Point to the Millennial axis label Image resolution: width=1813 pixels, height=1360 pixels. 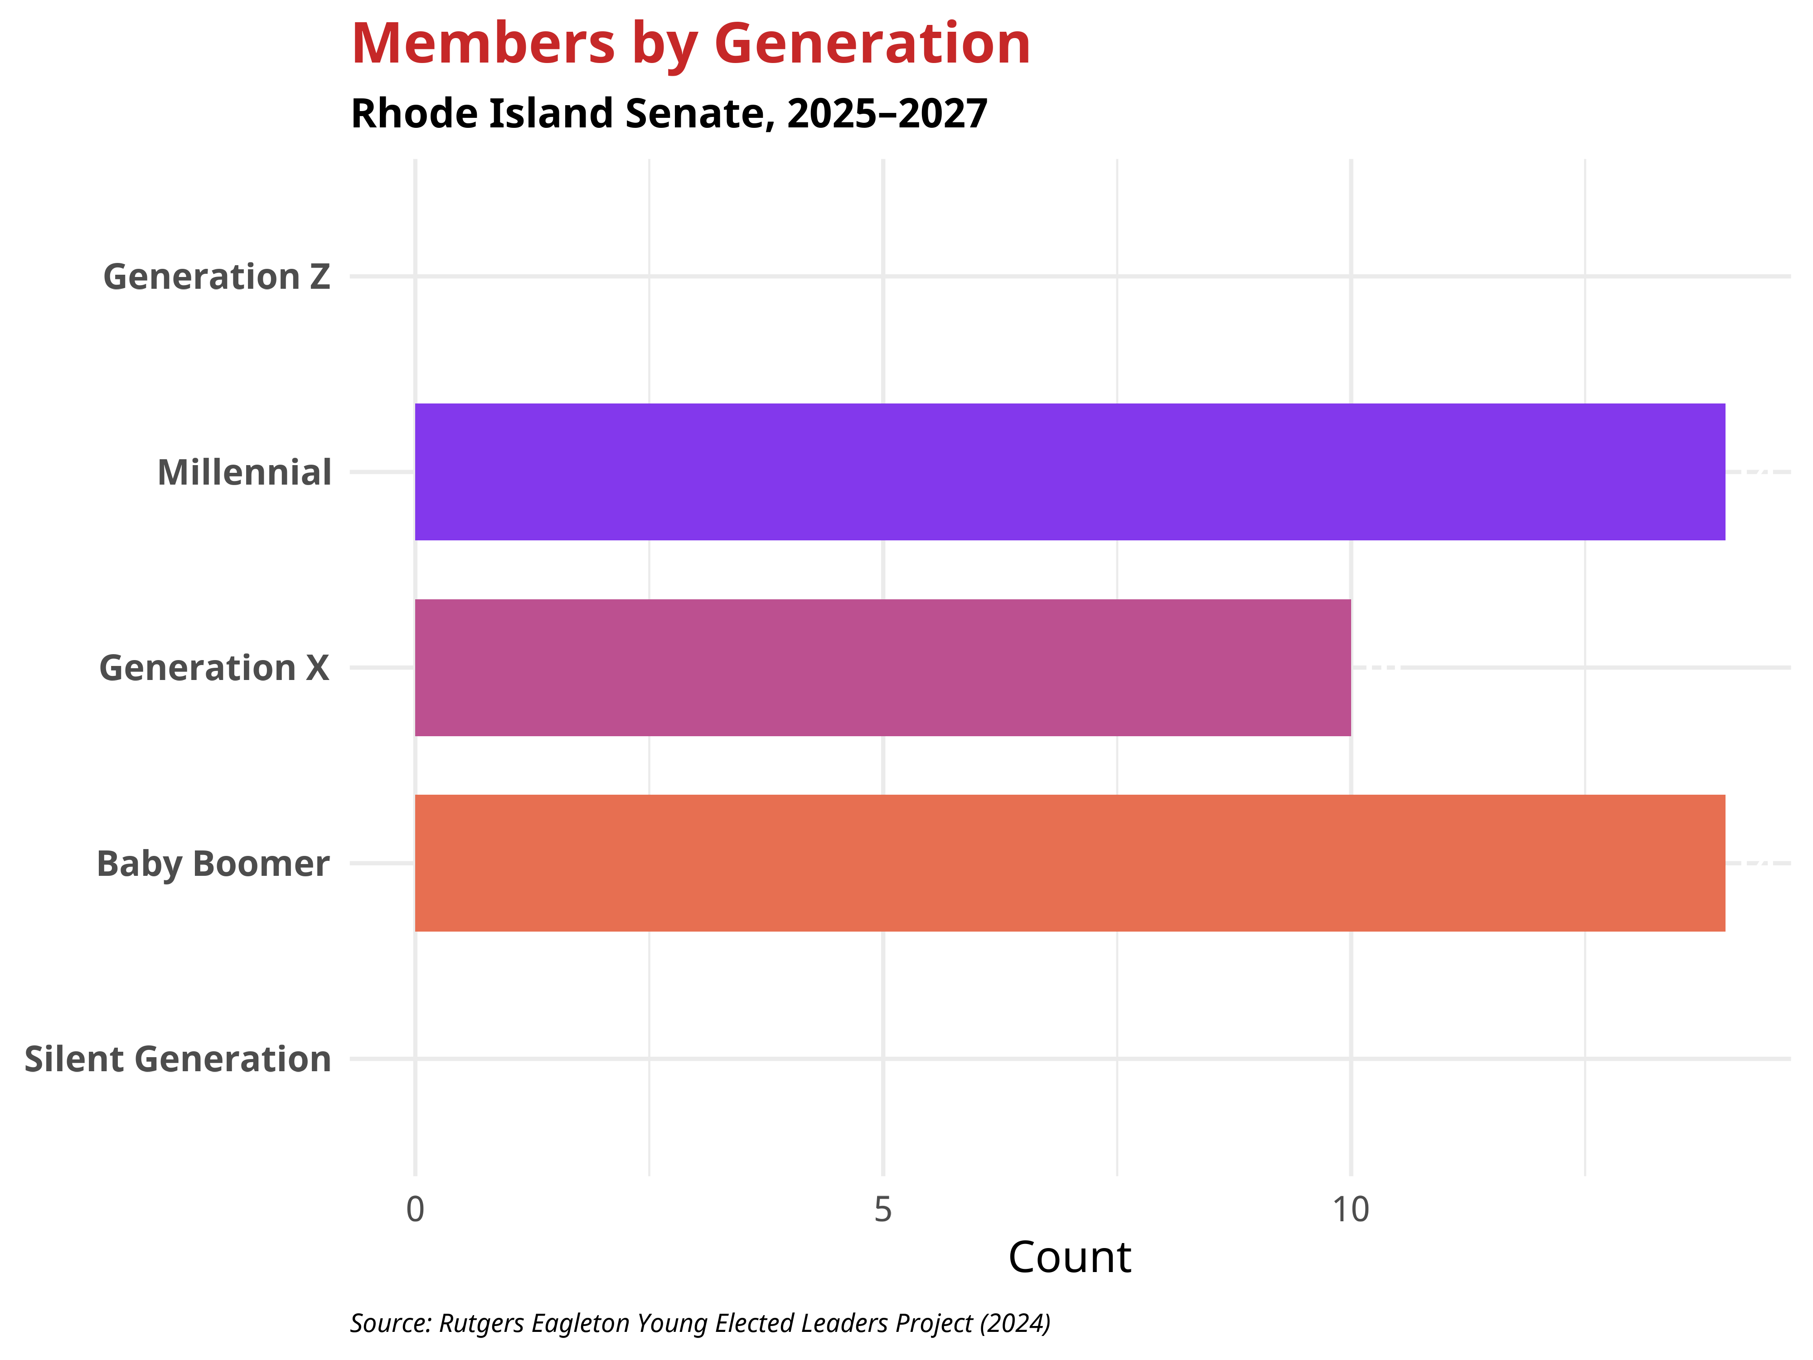click(244, 473)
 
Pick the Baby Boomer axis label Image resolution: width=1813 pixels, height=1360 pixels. click(213, 864)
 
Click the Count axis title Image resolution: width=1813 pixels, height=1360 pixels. click(1070, 1258)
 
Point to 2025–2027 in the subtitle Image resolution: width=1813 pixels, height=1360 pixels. click(887, 114)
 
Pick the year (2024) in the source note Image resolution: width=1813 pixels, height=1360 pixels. click(1015, 1323)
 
